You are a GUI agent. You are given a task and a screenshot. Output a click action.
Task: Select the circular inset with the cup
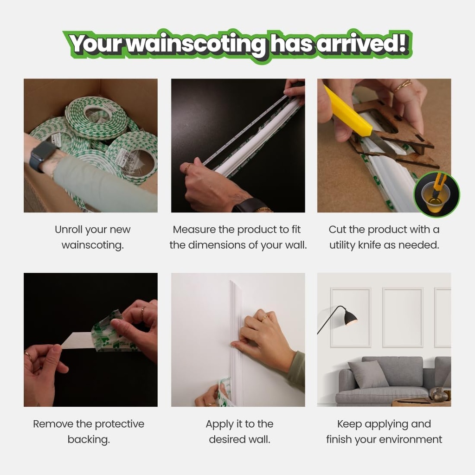click(x=436, y=194)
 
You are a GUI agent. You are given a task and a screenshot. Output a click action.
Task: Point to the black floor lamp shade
click(x=350, y=318)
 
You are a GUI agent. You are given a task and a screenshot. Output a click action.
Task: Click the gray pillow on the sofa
click(x=368, y=374)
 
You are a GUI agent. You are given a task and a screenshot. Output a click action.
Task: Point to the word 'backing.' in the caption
click(x=89, y=439)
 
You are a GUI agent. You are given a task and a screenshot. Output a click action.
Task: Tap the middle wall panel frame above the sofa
click(x=402, y=317)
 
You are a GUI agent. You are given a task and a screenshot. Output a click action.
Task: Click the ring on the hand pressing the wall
click(x=265, y=318)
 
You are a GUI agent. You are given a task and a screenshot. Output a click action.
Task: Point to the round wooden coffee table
click(x=420, y=402)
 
